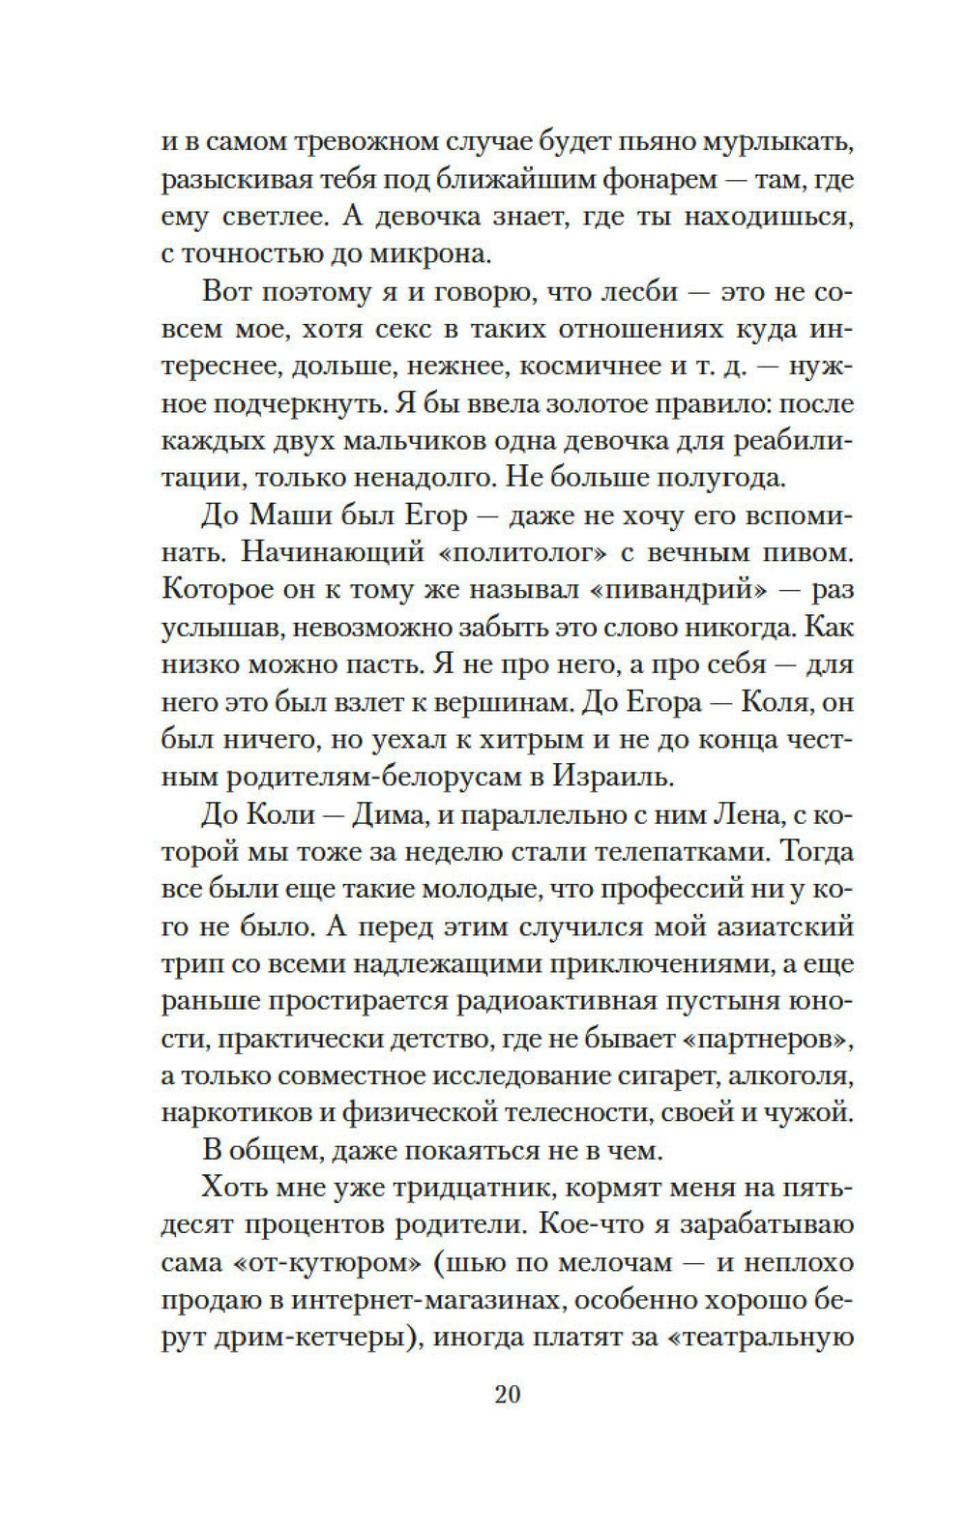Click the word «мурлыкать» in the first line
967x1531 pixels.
(765, 143)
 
